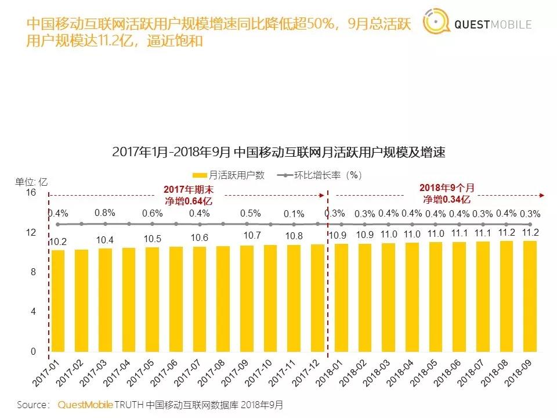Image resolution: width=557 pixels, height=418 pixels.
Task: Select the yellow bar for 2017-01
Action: [58, 301]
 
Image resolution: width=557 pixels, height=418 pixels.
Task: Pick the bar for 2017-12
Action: [317, 298]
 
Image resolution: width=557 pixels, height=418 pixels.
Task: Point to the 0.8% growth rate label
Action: [105, 212]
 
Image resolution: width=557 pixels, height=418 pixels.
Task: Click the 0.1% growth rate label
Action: [294, 214]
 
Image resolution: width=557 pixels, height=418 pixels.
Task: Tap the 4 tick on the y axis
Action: [33, 312]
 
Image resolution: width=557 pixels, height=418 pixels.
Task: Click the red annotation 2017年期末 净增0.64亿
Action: [188, 194]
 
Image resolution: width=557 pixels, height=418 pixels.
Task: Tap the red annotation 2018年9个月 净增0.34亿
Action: [446, 194]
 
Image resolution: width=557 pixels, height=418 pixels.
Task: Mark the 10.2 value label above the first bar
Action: [58, 242]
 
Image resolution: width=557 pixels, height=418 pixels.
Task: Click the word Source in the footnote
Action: [32, 405]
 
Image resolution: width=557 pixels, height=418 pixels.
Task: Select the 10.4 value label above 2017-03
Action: [105, 240]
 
